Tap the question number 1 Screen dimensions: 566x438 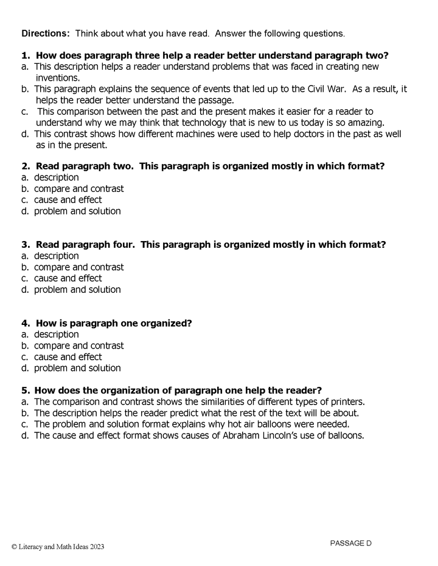(x=25, y=55)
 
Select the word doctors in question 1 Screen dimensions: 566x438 (x=311, y=134)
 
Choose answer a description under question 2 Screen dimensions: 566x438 (x=56, y=177)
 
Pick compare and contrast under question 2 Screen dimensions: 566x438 (x=78, y=189)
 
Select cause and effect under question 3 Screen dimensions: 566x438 (x=68, y=278)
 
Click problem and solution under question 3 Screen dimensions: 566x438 (x=77, y=290)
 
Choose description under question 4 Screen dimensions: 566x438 (x=56, y=334)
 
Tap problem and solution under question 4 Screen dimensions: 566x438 (x=77, y=368)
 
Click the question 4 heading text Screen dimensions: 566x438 (x=114, y=323)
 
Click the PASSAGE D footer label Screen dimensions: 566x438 (x=350, y=543)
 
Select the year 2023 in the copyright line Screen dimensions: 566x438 (x=96, y=547)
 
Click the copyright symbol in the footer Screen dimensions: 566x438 (x=14, y=547)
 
